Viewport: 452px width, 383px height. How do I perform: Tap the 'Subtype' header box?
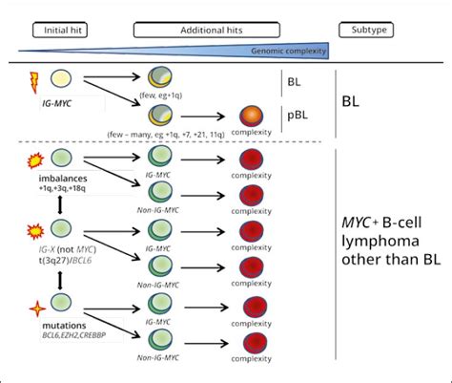pos(368,30)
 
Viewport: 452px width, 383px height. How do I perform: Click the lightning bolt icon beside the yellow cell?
pos(31,81)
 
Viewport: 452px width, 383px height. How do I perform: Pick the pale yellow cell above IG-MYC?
pos(59,80)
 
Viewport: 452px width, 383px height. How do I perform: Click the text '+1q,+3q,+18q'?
pos(58,191)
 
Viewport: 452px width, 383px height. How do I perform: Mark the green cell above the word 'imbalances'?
pos(59,158)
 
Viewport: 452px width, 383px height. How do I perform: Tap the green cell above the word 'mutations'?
pos(59,306)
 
